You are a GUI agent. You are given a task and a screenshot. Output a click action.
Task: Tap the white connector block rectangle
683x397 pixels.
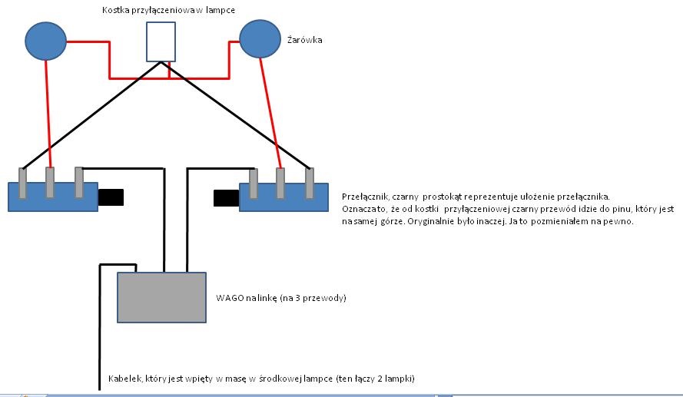[x=161, y=41]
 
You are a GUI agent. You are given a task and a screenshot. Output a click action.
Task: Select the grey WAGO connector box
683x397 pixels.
[x=161, y=297]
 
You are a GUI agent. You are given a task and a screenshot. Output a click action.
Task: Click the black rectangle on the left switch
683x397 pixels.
[x=111, y=197]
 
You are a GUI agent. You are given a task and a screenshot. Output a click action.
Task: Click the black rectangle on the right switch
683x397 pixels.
[x=226, y=197]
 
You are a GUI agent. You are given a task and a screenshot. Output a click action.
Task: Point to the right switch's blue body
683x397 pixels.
[x=284, y=197]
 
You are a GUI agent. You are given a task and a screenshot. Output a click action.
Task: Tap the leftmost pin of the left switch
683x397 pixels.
[x=23, y=182]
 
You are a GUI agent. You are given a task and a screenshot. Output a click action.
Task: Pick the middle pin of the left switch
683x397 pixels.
[x=50, y=182]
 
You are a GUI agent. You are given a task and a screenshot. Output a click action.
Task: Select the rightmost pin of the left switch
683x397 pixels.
[x=78, y=182]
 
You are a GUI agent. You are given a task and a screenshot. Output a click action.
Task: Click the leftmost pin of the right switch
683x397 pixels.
[x=254, y=182]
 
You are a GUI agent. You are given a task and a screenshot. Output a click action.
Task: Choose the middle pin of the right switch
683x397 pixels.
[x=280, y=182]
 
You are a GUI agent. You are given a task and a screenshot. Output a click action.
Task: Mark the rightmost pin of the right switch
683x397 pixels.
[x=310, y=182]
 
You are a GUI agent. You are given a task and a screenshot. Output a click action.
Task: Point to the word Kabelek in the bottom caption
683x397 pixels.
[x=126, y=378]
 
